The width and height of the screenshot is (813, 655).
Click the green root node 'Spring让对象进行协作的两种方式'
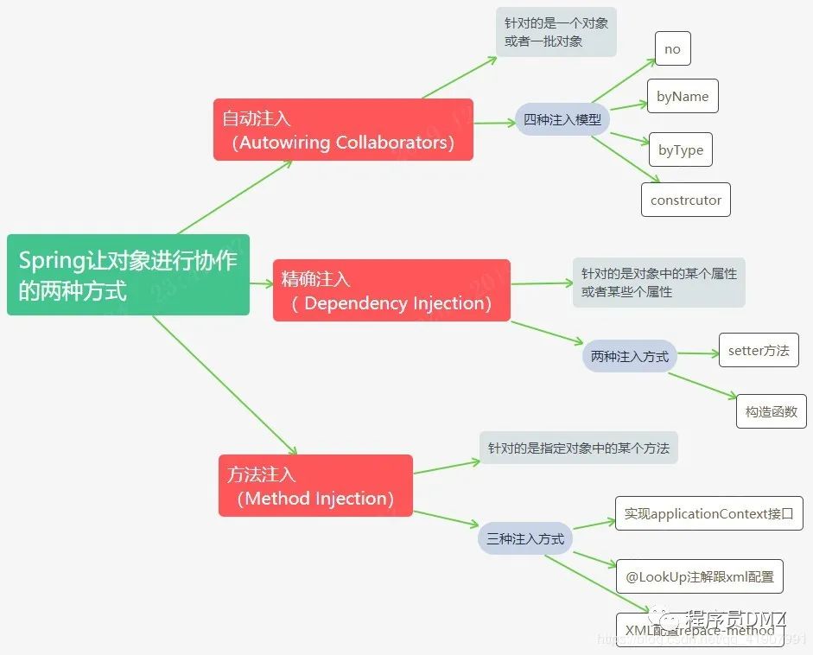(128, 275)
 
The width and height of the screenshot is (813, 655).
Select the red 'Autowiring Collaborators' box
(343, 130)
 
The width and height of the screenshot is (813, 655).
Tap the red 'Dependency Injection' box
(391, 290)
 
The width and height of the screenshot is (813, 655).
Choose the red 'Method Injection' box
(315, 486)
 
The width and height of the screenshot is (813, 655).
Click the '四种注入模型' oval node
(562, 120)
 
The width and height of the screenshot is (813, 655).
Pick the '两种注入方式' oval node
(630, 356)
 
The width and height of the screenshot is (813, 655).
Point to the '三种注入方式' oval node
(525, 538)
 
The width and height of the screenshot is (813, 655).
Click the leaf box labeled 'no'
(672, 49)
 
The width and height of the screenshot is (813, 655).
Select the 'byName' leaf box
(683, 97)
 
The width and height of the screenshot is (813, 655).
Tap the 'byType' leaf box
(681, 150)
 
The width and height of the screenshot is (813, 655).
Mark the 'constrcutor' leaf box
(686, 200)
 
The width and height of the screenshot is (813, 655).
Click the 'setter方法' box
(759, 351)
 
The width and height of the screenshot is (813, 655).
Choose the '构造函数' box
(771, 411)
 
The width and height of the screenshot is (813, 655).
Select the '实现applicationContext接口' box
(708, 514)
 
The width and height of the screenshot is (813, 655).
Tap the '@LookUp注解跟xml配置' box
(700, 576)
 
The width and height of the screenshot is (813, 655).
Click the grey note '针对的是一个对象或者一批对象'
(556, 33)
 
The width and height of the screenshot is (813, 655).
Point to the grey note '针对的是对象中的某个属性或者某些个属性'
(658, 282)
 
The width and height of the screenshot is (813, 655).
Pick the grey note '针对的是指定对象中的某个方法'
(578, 448)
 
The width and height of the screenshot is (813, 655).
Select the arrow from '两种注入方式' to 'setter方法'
(694, 353)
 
